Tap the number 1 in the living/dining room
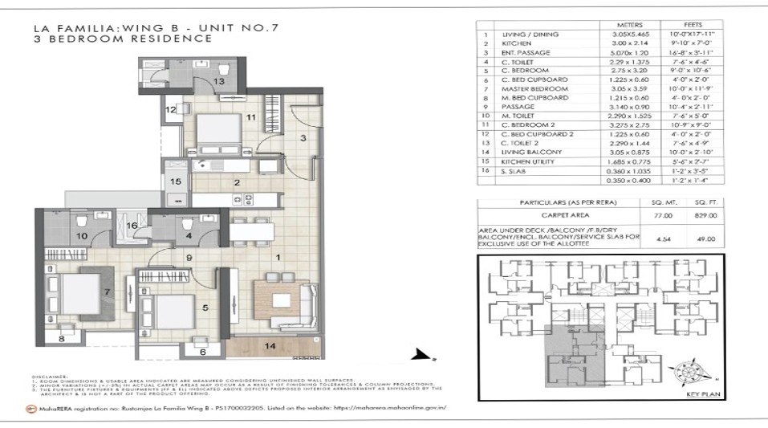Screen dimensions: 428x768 (x=277, y=257)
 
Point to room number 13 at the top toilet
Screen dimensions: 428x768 (x=218, y=82)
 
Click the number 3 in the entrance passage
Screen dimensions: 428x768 (x=303, y=139)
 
